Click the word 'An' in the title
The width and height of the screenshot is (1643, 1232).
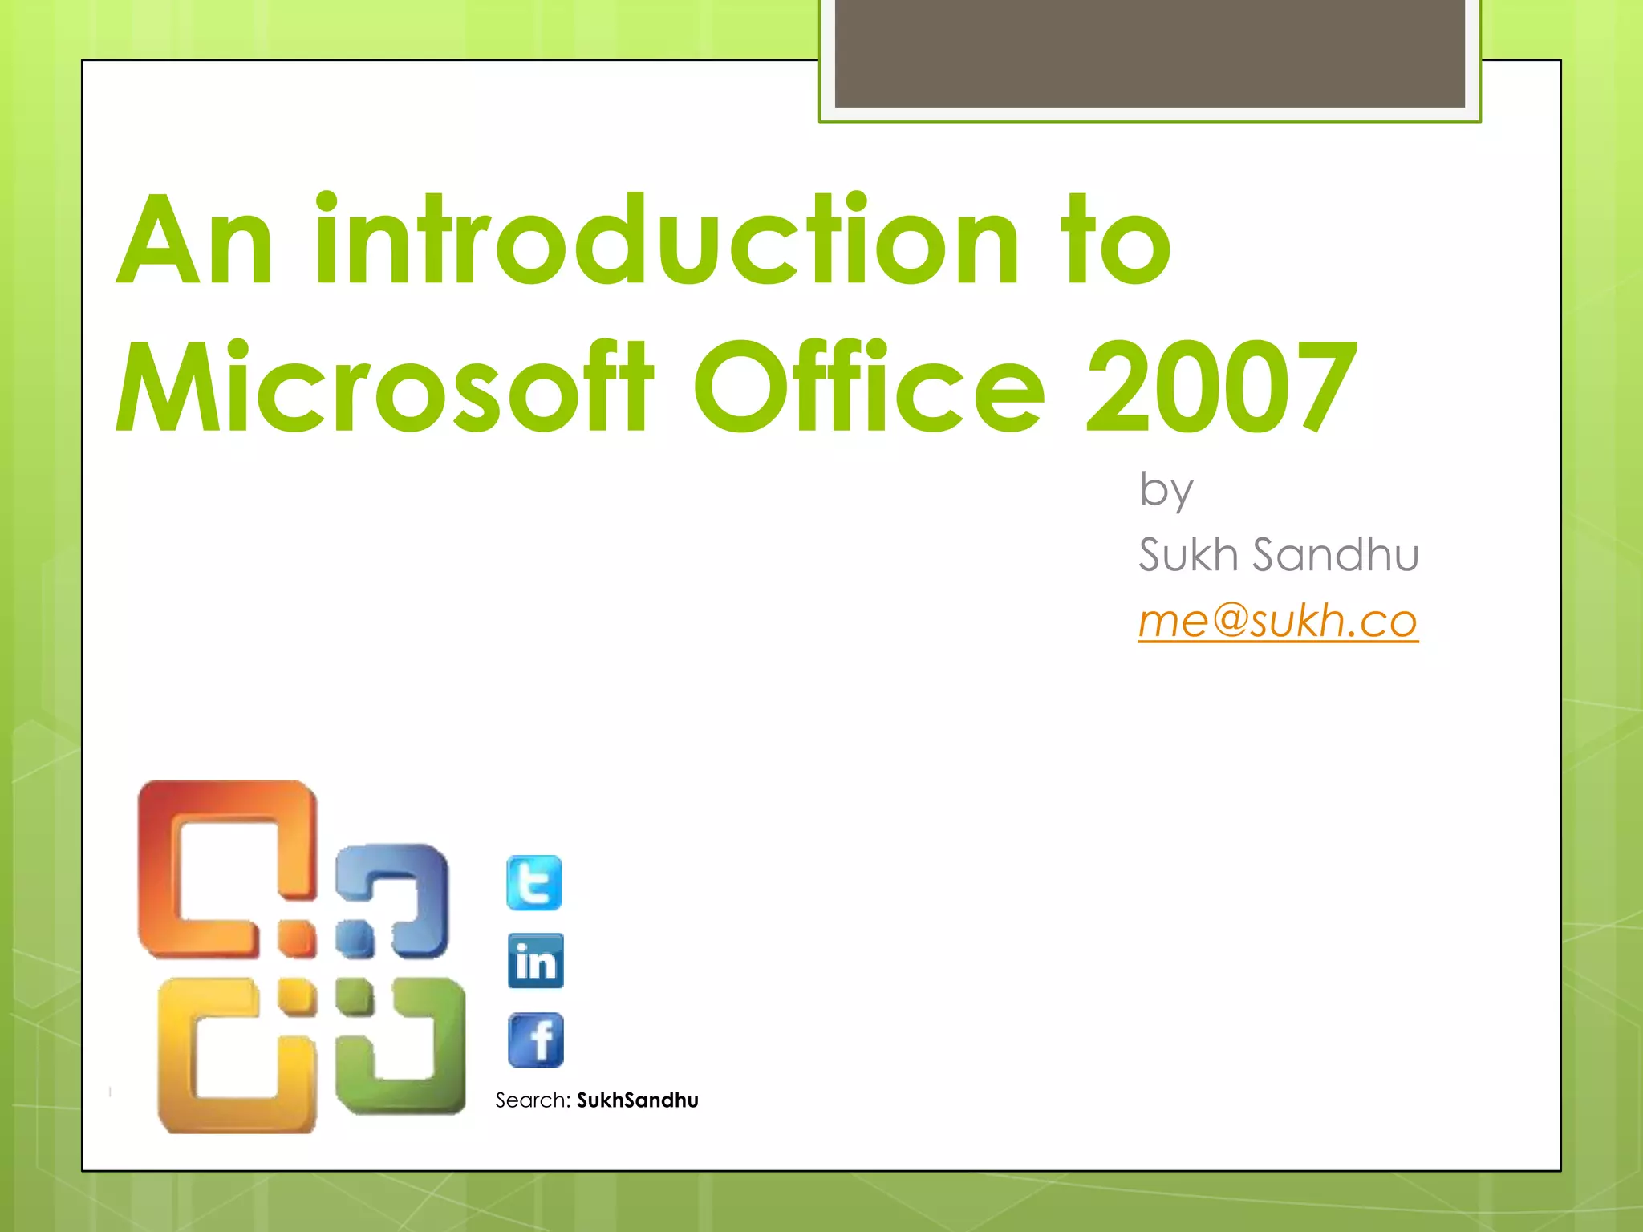195,241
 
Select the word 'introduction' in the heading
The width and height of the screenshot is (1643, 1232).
666,241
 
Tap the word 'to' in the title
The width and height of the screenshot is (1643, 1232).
1115,241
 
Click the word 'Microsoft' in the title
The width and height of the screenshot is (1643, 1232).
385,388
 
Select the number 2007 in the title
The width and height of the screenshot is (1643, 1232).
1219,388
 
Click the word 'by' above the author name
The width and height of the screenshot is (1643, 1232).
1166,489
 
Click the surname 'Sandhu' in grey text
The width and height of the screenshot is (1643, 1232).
1336,555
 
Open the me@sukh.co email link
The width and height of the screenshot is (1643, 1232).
1278,621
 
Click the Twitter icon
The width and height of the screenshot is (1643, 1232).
534,883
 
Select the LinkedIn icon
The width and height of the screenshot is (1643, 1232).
535,961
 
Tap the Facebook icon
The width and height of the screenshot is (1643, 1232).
535,1040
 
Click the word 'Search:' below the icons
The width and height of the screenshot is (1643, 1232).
532,1100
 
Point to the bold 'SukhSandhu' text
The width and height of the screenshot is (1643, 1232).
637,1100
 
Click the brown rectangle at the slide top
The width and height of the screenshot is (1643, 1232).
1149,53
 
